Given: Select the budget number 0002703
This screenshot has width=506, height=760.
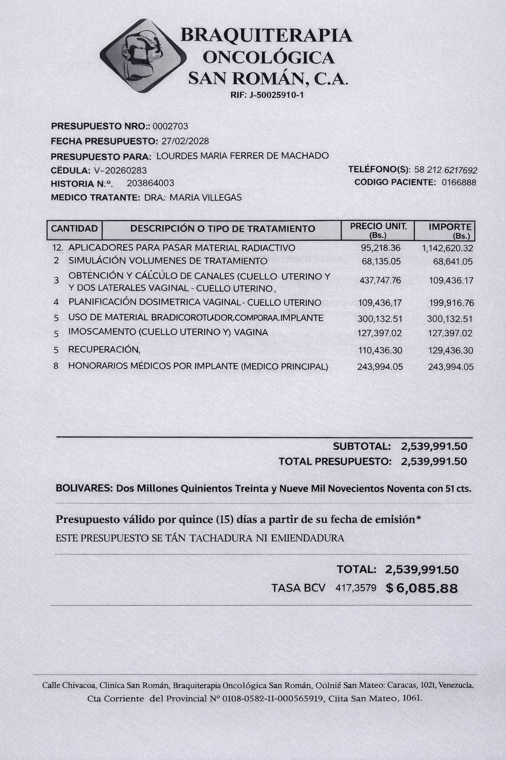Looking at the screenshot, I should pos(170,126).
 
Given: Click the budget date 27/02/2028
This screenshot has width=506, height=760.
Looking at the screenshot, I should pos(185,141).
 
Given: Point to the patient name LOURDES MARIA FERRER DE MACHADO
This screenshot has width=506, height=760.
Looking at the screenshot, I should pos(242,156).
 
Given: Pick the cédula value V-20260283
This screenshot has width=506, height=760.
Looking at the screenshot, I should pos(120,171).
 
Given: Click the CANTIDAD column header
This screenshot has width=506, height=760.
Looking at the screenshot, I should pos(74,229).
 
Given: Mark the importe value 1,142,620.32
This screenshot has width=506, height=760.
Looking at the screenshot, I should pos(447,248).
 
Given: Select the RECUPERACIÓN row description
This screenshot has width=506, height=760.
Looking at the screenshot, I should pos(104,350).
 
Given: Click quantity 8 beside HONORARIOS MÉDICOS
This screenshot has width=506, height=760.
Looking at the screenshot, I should pos(56,367).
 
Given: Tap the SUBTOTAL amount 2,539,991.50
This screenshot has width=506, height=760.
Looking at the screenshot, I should pos(434,446).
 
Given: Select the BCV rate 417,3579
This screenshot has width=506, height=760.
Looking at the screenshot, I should pos(356,588).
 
